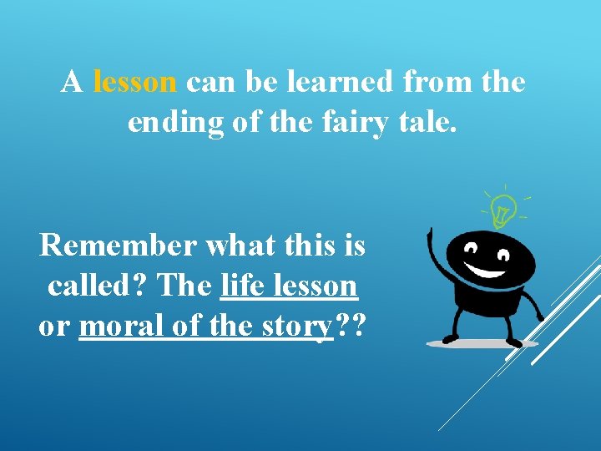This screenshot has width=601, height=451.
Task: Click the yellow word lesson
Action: pos(135,82)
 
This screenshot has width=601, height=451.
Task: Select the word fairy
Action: pos(351,122)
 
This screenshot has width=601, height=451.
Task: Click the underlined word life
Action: pos(243,286)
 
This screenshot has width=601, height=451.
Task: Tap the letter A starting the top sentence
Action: pos(72,82)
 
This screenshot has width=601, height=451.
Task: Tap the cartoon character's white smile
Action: pos(490,267)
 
